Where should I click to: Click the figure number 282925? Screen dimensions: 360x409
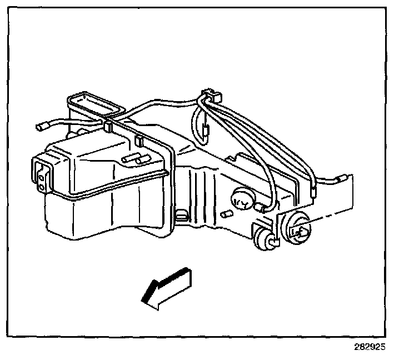[x=369, y=347]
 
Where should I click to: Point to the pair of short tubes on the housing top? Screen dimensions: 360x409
[x=134, y=157]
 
